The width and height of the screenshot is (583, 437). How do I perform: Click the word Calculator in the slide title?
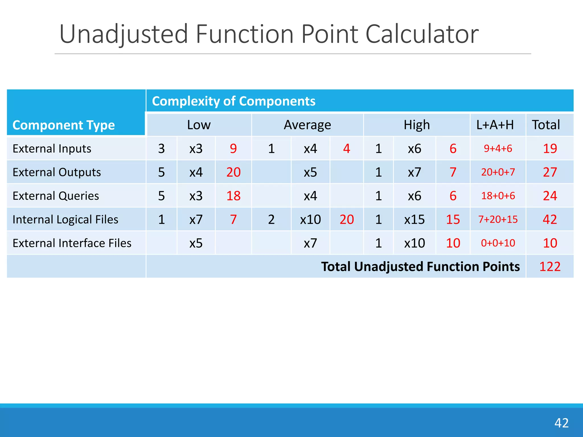pos(422,34)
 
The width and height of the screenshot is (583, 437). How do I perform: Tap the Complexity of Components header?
pos(233,101)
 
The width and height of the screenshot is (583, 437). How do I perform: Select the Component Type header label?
pos(63,125)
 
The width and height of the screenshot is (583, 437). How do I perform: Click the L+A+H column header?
pos(495,125)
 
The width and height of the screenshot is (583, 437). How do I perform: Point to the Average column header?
pos(307,125)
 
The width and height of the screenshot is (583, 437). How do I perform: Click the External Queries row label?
pos(56,196)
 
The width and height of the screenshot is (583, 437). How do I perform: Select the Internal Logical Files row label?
pos(65,219)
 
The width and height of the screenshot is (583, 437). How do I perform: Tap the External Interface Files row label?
pos(72,243)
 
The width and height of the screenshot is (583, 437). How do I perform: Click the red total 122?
pos(550,267)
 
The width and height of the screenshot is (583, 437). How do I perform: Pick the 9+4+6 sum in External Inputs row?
pos(498,149)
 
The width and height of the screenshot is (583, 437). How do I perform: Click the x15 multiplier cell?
pos(414,219)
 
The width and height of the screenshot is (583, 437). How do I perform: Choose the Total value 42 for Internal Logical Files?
pos(550,219)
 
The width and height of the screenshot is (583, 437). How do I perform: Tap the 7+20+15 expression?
pos(498,219)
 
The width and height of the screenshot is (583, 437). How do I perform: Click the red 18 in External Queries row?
pos(233,196)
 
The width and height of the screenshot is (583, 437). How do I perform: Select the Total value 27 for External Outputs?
pos(550,172)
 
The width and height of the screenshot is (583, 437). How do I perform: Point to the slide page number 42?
pos(561,423)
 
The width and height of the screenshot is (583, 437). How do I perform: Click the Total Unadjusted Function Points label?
pos(420,267)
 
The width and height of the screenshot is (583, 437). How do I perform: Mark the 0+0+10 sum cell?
pos(498,243)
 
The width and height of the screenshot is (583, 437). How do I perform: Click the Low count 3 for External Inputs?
pos(161,149)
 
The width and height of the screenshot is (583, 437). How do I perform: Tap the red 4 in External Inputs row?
pos(346,149)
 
